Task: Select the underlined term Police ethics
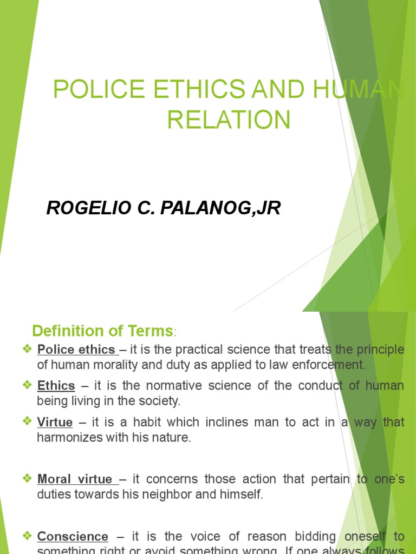click(x=76, y=349)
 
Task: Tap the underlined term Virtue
click(x=55, y=423)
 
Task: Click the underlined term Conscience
click(x=73, y=522)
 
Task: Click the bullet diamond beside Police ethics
click(x=28, y=349)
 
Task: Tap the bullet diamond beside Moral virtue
click(x=28, y=479)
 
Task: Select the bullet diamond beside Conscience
click(x=28, y=522)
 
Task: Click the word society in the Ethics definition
click(x=159, y=401)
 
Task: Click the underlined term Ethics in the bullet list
click(x=56, y=386)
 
